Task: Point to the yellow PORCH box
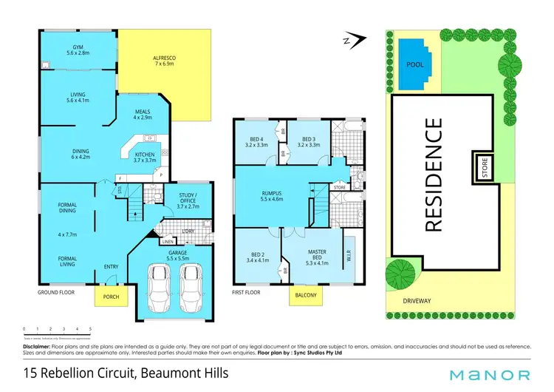[x=112, y=297]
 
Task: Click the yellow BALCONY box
[x=306, y=295]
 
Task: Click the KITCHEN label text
[x=145, y=157]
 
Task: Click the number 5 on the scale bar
[x=90, y=328]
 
